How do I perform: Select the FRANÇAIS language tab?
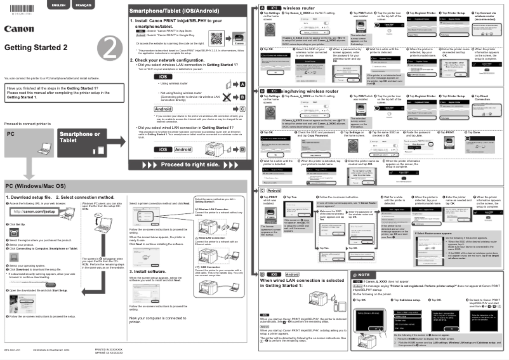83,5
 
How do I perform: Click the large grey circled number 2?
110,48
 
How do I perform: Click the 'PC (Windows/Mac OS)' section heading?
36,186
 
